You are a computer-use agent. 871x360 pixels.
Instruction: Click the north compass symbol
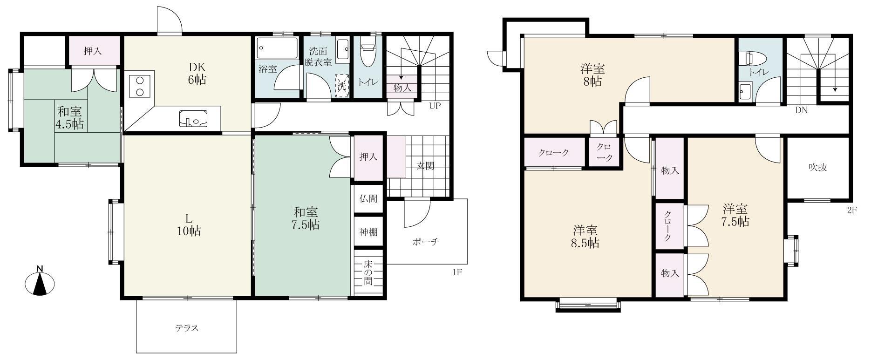click(40, 281)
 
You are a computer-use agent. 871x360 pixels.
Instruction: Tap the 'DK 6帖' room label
click(197, 73)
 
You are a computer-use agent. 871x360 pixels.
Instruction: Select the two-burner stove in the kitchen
click(139, 86)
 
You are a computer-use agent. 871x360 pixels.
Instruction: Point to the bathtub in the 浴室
click(277, 48)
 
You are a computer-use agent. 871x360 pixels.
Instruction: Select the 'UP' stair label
click(435, 106)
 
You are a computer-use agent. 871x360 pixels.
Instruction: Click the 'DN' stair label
click(801, 110)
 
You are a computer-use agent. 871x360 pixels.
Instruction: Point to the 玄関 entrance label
click(426, 165)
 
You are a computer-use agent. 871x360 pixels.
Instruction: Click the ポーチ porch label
click(426, 242)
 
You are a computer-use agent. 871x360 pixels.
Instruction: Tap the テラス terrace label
click(187, 328)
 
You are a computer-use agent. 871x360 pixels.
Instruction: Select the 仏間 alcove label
click(368, 199)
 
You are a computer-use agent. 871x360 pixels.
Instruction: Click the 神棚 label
click(368, 231)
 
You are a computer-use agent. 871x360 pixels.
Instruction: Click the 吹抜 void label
click(817, 167)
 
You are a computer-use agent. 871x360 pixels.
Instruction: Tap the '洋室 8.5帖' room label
click(585, 237)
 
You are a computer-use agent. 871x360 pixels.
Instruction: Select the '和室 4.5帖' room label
click(70, 118)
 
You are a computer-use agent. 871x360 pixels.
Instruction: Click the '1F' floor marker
click(457, 272)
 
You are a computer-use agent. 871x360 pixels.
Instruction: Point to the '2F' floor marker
click(852, 210)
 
